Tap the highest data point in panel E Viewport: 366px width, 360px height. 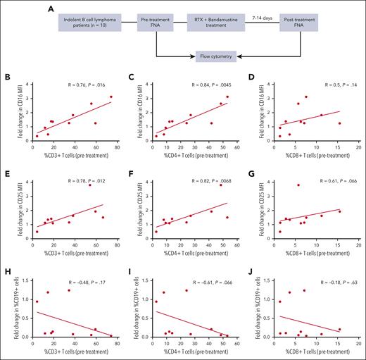pyautogui.click(x=90, y=185)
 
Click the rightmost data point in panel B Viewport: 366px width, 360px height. pyautogui.click(x=111, y=97)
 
